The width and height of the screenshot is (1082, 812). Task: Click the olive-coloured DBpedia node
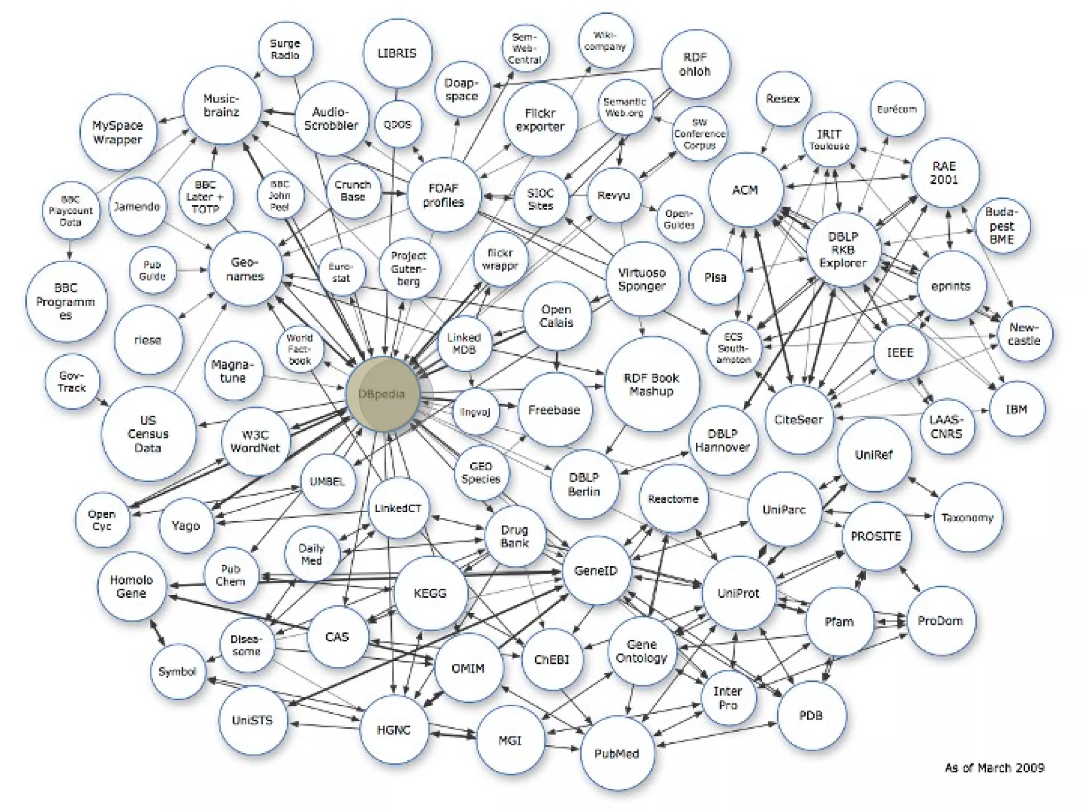tap(383, 394)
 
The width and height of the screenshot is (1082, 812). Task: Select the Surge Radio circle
tap(285, 49)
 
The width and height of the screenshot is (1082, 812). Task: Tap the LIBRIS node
tap(397, 53)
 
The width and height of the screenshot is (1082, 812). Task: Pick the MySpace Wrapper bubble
tap(118, 132)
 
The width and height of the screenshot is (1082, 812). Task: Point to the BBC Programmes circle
tap(66, 301)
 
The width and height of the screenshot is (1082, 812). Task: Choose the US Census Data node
tap(148, 434)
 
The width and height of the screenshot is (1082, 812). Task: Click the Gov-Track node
tap(72, 381)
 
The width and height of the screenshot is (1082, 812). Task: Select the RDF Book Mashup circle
tap(651, 384)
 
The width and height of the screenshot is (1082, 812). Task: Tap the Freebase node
tap(554, 410)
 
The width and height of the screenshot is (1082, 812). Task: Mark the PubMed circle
tap(617, 753)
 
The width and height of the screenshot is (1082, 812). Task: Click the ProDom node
tap(940, 621)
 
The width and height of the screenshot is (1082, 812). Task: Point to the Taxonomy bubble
tap(967, 518)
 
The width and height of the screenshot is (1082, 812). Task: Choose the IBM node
tap(1016, 409)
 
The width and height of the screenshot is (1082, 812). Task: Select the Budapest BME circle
tap(1002, 226)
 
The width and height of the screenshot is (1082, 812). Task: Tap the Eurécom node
tap(897, 109)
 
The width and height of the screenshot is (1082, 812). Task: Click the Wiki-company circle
tap(605, 41)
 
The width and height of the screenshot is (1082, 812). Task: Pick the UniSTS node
tap(253, 720)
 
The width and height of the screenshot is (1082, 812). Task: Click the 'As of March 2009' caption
tap(994, 768)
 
